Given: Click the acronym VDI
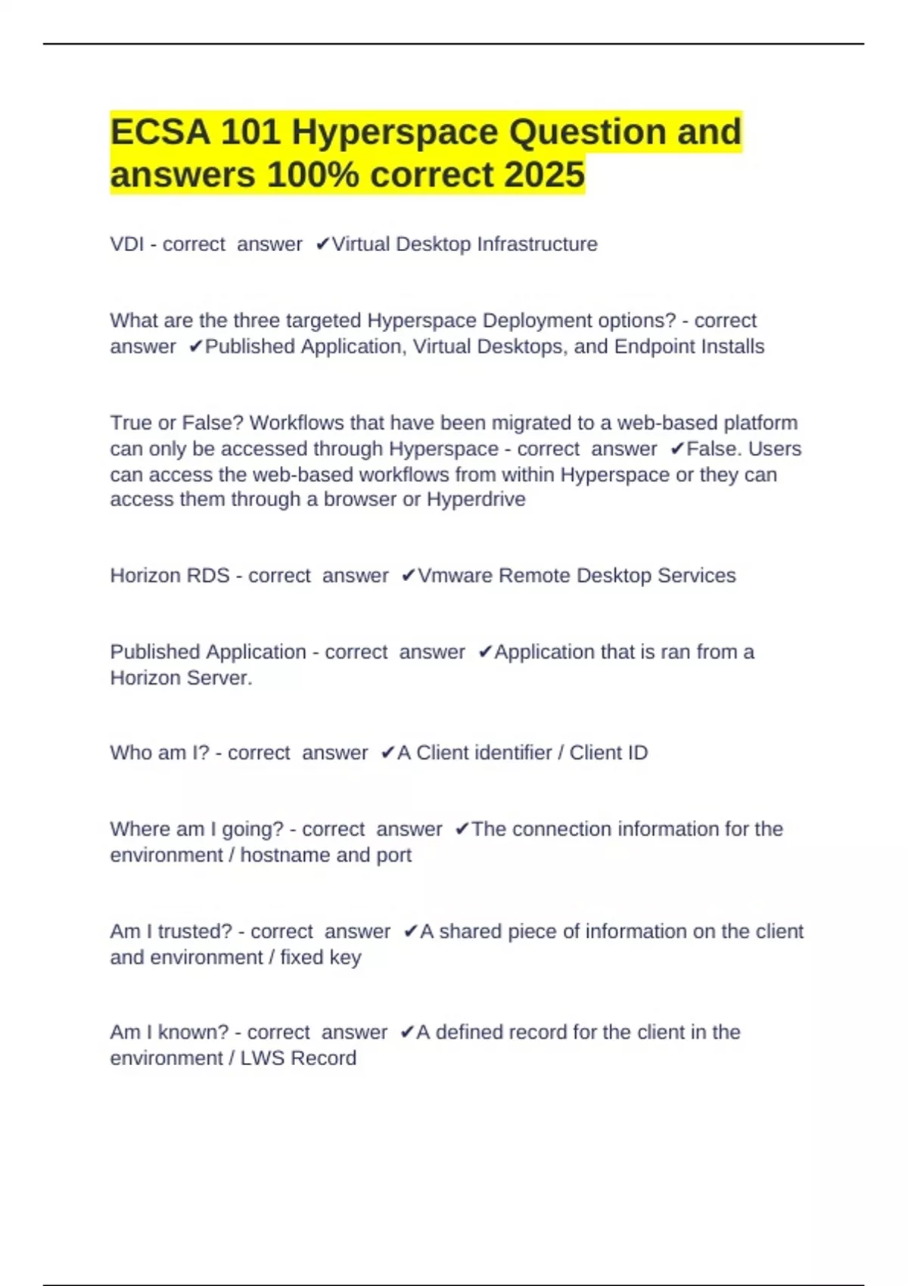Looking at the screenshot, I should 126,244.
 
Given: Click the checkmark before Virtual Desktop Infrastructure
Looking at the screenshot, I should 322,244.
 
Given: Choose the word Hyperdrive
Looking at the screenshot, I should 476,499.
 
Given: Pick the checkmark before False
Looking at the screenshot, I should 676,449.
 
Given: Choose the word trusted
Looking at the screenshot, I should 194,931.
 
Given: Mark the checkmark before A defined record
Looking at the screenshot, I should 406,1032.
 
